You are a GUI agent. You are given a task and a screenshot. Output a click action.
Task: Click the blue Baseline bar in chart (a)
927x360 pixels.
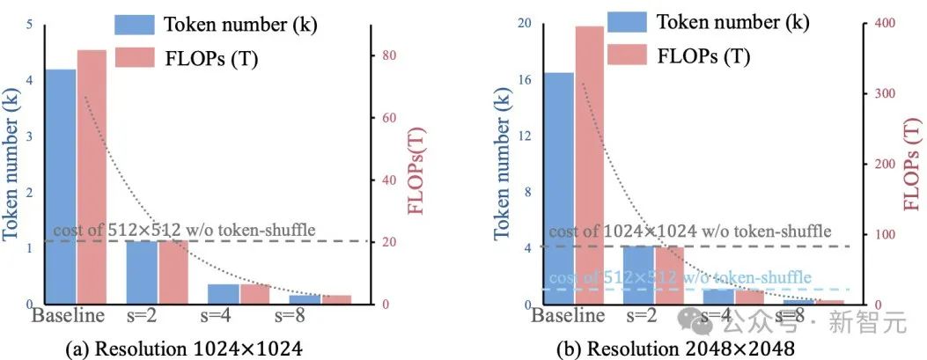click(x=60, y=185)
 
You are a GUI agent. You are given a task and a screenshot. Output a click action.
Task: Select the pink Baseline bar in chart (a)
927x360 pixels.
click(x=92, y=176)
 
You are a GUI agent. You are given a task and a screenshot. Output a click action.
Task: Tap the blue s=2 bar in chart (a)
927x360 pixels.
click(x=142, y=272)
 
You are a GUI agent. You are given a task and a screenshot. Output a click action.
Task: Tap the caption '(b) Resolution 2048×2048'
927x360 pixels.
click(x=675, y=349)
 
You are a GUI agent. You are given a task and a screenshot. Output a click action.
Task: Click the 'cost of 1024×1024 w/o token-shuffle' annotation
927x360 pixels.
click(x=689, y=231)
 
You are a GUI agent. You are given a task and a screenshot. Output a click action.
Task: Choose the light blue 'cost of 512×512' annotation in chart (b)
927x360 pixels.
click(x=679, y=278)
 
